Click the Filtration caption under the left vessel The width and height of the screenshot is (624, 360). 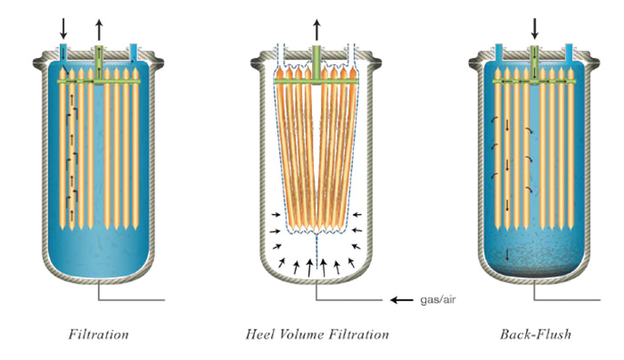point(99,336)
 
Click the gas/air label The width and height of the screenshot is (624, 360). point(439,300)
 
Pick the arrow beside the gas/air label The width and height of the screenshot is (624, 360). point(401,300)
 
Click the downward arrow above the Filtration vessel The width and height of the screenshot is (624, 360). point(63,27)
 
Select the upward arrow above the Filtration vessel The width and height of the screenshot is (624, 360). point(99,27)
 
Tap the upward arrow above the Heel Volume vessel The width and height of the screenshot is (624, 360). point(316,27)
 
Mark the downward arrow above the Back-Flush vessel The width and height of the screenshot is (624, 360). point(535,27)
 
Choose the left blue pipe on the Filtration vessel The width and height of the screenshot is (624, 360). point(64,54)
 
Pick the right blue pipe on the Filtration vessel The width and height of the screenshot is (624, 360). point(134,54)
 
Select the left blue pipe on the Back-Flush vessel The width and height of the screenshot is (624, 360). point(500,54)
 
